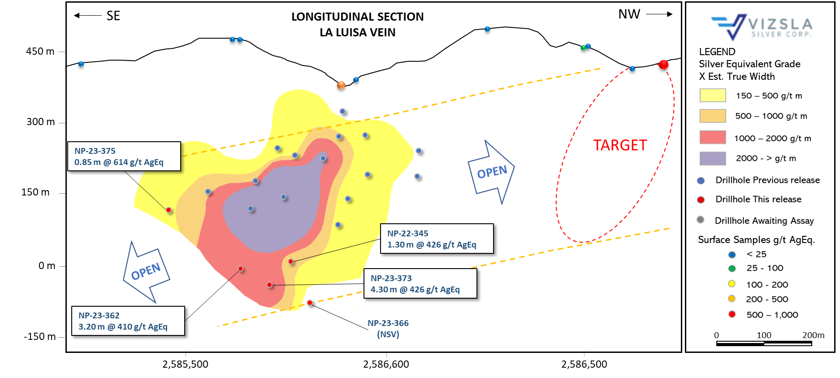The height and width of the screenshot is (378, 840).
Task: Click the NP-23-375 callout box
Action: tap(124, 156)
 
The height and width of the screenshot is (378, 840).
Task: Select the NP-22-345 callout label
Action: tap(437, 239)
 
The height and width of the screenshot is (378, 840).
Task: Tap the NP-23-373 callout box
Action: tap(420, 283)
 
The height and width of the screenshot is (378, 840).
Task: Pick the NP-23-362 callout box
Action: tap(128, 321)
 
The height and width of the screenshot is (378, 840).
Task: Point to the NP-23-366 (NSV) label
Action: tap(388, 329)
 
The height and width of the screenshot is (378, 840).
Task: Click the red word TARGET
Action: tap(620, 145)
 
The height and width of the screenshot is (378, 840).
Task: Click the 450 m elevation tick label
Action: tap(40, 51)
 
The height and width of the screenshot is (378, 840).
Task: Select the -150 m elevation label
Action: tap(39, 337)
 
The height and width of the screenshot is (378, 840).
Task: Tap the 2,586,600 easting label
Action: tap(386, 364)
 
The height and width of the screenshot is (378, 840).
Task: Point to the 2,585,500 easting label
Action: tap(185, 364)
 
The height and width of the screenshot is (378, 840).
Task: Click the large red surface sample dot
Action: tap(663, 65)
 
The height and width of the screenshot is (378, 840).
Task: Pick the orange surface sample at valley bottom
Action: tap(341, 85)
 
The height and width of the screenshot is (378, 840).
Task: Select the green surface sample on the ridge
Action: tap(583, 48)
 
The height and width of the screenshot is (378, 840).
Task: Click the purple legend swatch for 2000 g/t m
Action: tap(713, 158)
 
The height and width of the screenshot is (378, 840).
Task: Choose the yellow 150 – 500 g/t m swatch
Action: tap(713, 96)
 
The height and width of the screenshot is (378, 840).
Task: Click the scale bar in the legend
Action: tap(764, 343)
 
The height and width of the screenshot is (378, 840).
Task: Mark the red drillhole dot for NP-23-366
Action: tap(310, 303)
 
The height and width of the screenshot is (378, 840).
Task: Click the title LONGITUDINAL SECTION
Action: tap(357, 17)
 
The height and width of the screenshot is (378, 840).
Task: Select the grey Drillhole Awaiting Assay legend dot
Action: tap(700, 220)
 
